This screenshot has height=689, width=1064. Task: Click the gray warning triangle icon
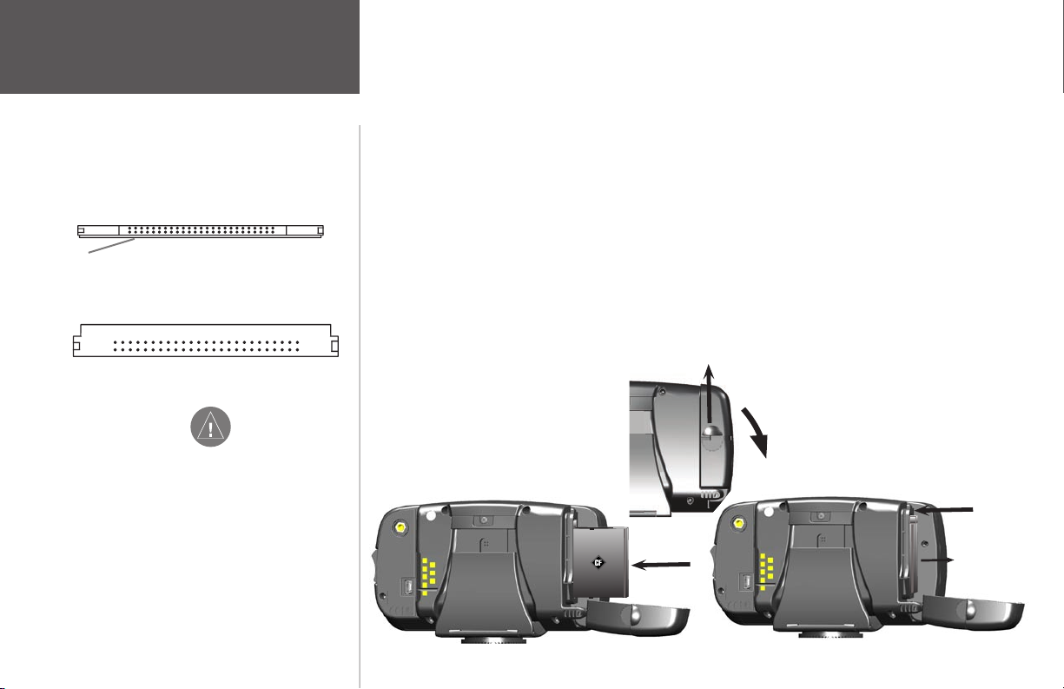[x=210, y=427]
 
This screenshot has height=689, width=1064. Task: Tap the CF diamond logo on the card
[x=598, y=563]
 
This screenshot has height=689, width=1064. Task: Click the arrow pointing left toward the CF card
[x=661, y=565]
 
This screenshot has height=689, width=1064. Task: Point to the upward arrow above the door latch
[x=709, y=395]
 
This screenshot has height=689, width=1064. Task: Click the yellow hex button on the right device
[x=738, y=524]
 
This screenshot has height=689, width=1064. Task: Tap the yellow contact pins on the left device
[x=428, y=576]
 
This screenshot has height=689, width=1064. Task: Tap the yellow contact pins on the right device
[x=766, y=572]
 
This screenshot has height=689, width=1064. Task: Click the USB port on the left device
[x=407, y=586]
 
